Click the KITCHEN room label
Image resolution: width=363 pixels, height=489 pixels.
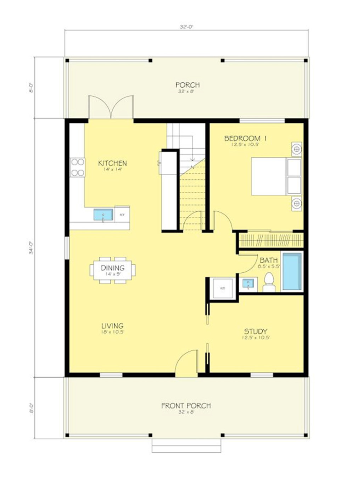pos(112,163)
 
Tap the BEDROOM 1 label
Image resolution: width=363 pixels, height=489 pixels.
pos(245,138)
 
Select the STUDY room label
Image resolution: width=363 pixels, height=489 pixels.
pos(256,332)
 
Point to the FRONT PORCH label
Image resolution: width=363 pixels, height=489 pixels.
pos(186,406)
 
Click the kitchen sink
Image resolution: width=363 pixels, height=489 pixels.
pos(103,215)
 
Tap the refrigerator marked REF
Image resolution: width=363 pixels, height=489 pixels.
pos(122,215)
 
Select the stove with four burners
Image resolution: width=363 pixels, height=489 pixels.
pos(78,167)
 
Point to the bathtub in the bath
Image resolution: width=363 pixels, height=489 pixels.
pos(292,271)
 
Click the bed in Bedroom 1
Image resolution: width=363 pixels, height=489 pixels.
pos(276,176)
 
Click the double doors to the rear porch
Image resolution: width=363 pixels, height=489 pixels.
pos(111,107)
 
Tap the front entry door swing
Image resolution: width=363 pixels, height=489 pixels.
pos(187,363)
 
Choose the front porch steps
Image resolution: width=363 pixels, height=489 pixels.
pos(186,446)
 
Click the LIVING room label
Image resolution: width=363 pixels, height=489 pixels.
pos(112,326)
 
